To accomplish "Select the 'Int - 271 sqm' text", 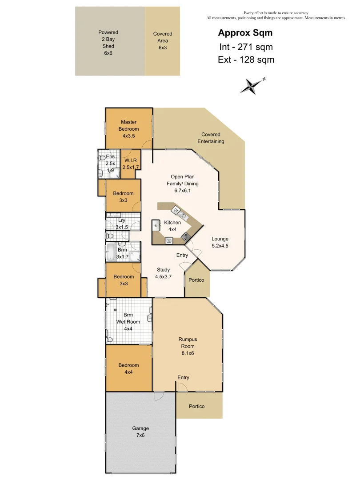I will pos(245,46).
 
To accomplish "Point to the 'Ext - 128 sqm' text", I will pos(246,60).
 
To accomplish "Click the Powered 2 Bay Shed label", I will pos(108,42).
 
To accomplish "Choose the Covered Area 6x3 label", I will pos(163,40).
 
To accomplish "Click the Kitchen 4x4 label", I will pos(172,226).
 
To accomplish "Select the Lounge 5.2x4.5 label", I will pos(220,242).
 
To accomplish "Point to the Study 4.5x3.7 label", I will pos(163,273).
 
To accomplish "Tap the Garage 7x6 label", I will pos(140,432).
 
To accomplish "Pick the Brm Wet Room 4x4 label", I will pos(128,322).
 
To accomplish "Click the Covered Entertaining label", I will pos(211,138).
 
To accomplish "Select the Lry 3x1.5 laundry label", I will pos(121,224).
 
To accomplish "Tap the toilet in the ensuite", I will pos(101,158).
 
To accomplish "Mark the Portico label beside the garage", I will pos(196,406).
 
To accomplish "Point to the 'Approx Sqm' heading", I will pos(245,33).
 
